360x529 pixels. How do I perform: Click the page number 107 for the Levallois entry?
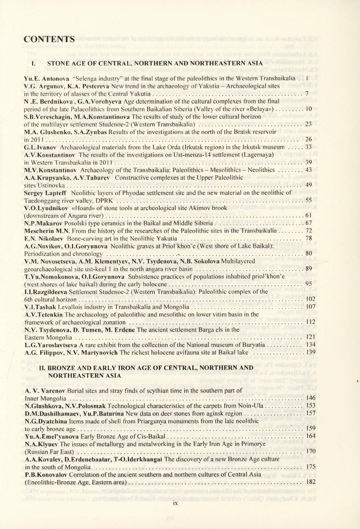pos(311,307)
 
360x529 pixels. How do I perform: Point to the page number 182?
pos(311,482)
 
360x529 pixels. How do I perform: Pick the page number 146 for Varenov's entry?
pos(311,398)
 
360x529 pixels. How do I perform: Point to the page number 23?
pos(308,124)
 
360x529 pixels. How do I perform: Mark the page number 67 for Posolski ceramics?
pos(308,223)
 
